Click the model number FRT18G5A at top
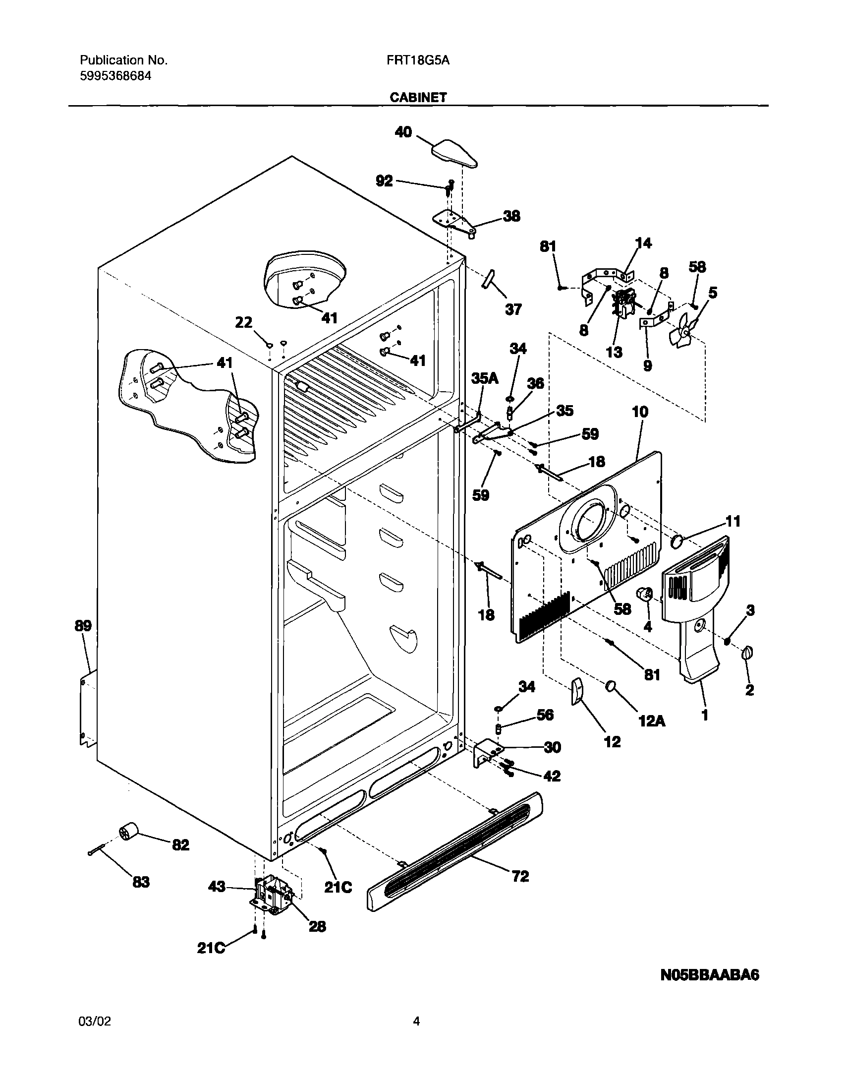(x=418, y=60)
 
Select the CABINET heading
(x=418, y=97)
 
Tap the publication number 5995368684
(x=115, y=76)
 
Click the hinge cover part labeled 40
(x=454, y=154)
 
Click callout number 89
(x=83, y=626)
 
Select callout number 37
(x=513, y=310)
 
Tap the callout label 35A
(x=484, y=378)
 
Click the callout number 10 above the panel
(x=640, y=412)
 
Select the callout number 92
(x=384, y=181)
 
